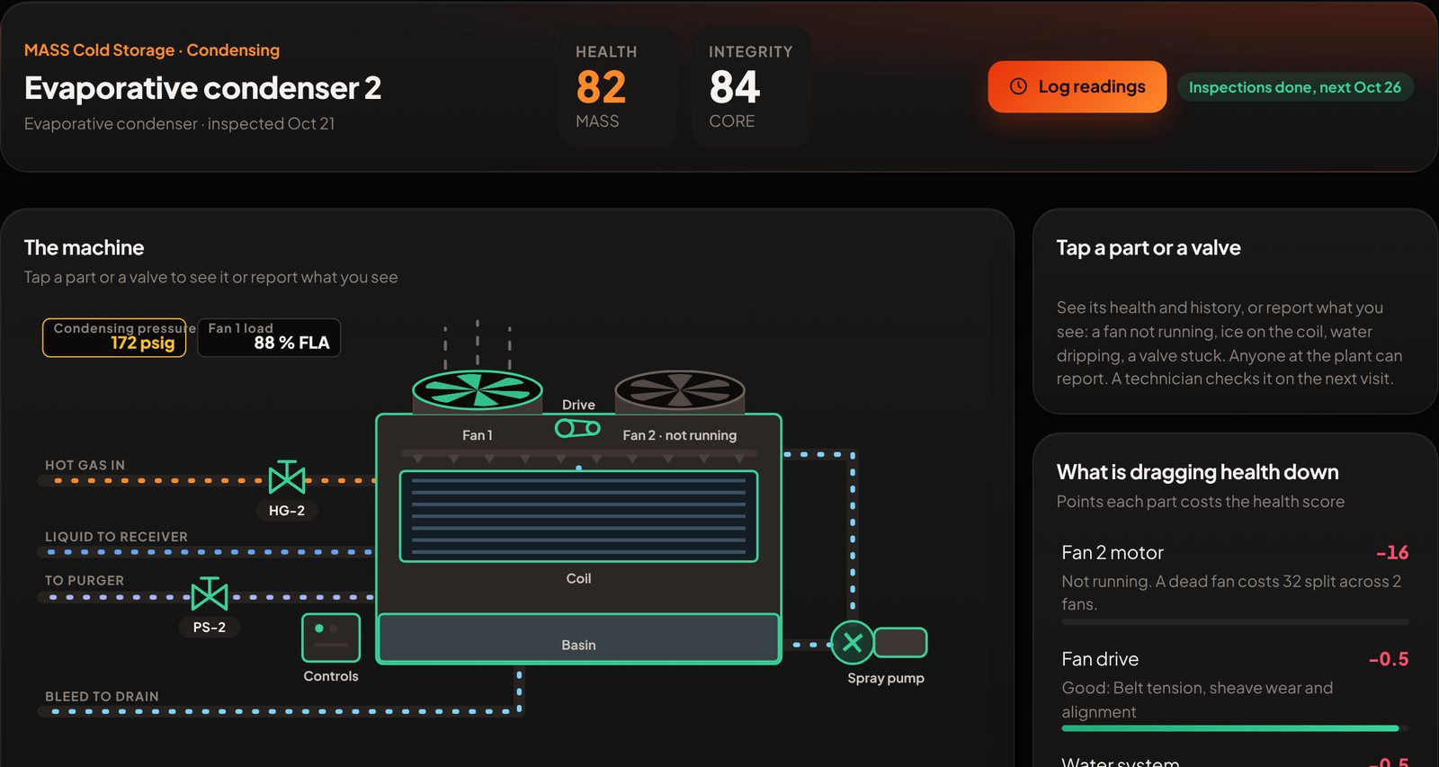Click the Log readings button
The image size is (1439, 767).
click(1077, 86)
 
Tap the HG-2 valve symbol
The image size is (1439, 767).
click(287, 478)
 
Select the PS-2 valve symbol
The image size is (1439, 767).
click(210, 594)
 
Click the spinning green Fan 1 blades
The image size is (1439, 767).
click(478, 390)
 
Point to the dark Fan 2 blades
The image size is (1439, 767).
click(680, 390)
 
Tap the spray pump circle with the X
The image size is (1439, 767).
click(853, 642)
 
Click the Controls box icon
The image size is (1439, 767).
click(331, 638)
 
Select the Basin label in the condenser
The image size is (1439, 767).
click(578, 645)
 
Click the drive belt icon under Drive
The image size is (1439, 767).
click(577, 428)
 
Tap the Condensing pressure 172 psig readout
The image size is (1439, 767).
click(114, 337)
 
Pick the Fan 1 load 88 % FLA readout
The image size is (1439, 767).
click(269, 337)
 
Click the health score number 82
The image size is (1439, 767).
click(601, 87)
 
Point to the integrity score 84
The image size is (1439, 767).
click(734, 87)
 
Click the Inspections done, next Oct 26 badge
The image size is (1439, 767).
click(1294, 87)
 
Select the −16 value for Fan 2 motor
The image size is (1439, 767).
click(1392, 552)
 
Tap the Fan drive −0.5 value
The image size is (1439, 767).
click(1389, 659)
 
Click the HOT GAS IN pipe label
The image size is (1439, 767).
click(85, 465)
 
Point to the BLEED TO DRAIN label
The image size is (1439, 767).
click(102, 696)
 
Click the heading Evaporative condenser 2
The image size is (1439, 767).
click(202, 88)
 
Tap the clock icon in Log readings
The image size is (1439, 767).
click(1018, 86)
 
